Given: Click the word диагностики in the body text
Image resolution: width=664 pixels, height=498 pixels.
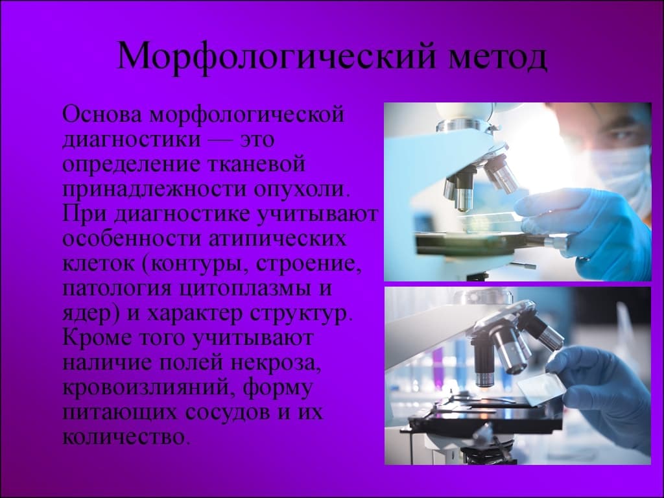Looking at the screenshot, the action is pyautogui.click(x=132, y=139).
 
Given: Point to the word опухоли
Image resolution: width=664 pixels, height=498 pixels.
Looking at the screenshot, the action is pyautogui.click(x=302, y=189).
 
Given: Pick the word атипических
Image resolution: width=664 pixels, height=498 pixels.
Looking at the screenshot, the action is pyautogui.click(x=277, y=239).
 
